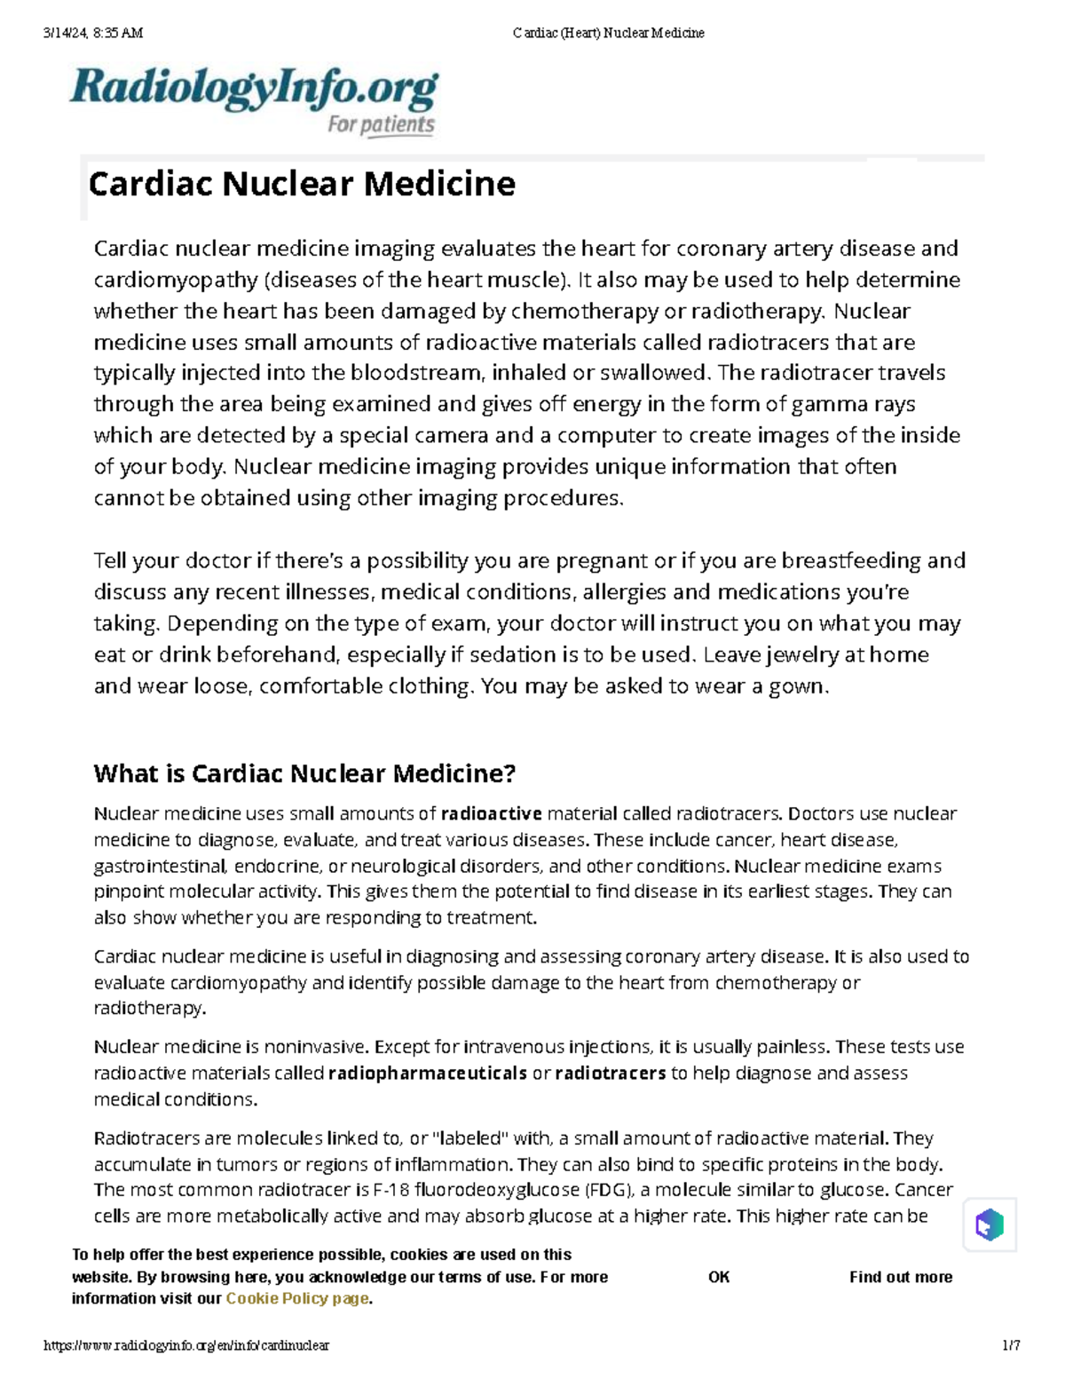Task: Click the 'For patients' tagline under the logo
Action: click(x=381, y=125)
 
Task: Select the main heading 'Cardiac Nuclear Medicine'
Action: click(x=302, y=185)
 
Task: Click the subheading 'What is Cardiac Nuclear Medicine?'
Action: click(x=304, y=773)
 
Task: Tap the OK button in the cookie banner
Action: click(x=718, y=1277)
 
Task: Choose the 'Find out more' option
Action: click(x=900, y=1277)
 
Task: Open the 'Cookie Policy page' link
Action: click(x=296, y=1298)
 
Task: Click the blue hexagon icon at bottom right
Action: click(x=989, y=1225)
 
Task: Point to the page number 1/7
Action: click(x=1011, y=1345)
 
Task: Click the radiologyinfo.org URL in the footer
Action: click(x=186, y=1345)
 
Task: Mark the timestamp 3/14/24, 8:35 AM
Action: click(x=93, y=33)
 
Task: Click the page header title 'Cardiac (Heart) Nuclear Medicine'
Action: click(x=608, y=33)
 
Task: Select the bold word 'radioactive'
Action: click(x=491, y=813)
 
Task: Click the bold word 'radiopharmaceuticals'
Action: click(x=428, y=1073)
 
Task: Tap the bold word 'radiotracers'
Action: click(x=610, y=1073)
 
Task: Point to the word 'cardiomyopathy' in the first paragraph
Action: click(x=176, y=281)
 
